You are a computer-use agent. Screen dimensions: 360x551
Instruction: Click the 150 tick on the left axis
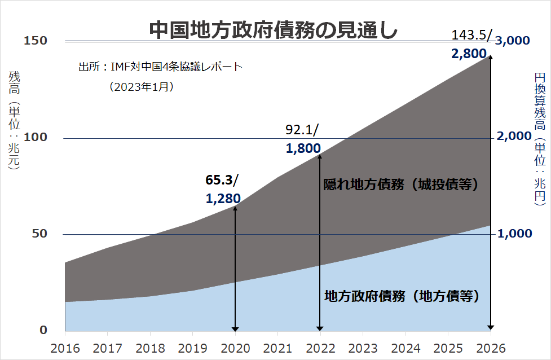click(x=36, y=41)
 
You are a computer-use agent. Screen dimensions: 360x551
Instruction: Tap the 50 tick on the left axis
click(x=39, y=234)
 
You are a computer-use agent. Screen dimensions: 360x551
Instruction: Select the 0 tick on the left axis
click(x=43, y=330)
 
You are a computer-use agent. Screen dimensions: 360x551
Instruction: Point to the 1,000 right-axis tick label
click(x=514, y=234)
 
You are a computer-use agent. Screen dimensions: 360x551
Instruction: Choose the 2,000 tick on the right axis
click(x=514, y=137)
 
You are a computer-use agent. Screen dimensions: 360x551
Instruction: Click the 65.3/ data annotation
click(x=222, y=180)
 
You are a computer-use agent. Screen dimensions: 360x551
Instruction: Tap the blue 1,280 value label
click(x=224, y=198)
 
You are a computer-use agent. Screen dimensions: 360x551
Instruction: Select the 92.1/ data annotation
click(x=302, y=131)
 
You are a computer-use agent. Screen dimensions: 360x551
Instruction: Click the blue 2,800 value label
click(x=469, y=54)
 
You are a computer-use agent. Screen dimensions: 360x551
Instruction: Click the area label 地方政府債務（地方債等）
click(x=402, y=296)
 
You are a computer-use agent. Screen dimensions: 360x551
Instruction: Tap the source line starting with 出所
click(x=160, y=67)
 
